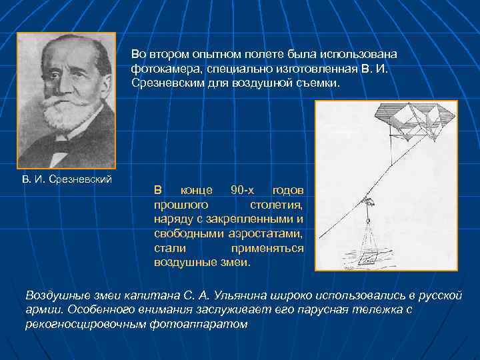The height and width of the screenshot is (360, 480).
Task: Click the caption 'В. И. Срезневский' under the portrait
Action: click(x=67, y=179)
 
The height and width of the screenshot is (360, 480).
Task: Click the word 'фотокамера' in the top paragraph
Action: click(x=160, y=69)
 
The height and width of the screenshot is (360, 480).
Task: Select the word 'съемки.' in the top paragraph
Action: click(x=317, y=85)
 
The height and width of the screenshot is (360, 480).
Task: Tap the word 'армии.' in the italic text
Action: click(x=44, y=310)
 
